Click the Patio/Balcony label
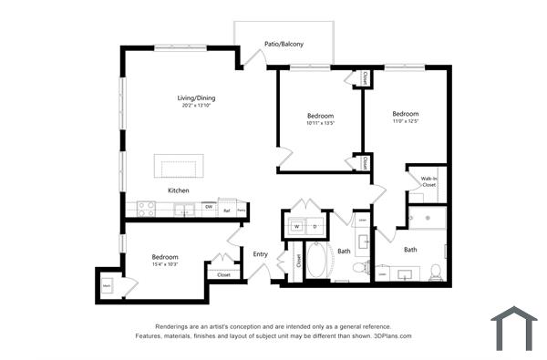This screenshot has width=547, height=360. click(284, 44)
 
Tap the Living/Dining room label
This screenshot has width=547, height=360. click(196, 98)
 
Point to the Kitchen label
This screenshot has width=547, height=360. click(178, 190)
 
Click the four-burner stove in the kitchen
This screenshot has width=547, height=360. click(146, 209)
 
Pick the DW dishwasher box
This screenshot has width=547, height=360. click(209, 209)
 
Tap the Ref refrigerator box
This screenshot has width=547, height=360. click(227, 210)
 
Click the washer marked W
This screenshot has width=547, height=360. click(296, 225)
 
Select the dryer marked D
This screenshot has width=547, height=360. click(315, 225)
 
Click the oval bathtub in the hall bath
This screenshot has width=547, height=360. click(318, 261)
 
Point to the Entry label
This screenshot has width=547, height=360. click(261, 254)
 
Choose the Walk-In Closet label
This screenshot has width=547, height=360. click(428, 181)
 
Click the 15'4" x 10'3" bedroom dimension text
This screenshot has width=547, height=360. click(165, 264)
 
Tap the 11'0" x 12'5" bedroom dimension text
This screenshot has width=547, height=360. click(405, 121)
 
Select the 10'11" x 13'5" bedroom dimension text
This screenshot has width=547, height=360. click(320, 123)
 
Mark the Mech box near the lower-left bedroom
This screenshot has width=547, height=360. click(107, 285)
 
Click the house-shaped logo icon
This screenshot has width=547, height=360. click(513, 328)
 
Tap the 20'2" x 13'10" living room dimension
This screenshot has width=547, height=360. click(196, 106)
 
